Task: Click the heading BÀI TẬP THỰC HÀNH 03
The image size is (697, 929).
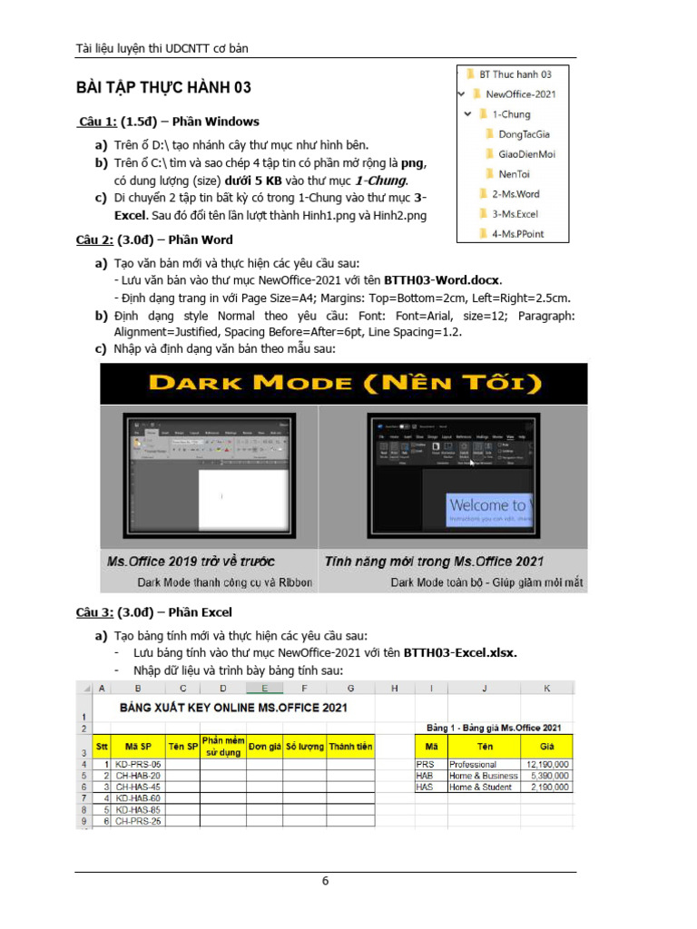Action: [x=163, y=88]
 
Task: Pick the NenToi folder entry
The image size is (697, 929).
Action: [x=514, y=174]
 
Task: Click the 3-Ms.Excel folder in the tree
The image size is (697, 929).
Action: [x=515, y=214]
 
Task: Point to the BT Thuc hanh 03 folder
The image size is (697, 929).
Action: [x=515, y=73]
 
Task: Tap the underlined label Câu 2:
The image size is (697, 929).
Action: [x=94, y=240]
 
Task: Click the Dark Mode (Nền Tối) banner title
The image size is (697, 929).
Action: [x=343, y=382]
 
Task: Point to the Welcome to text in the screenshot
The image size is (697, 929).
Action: [x=486, y=504]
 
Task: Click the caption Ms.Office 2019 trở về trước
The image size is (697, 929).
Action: [x=191, y=562]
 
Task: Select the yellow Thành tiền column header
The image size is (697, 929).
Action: [x=350, y=746]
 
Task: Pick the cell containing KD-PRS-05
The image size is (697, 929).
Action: [x=138, y=765]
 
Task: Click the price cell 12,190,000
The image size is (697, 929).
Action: [x=547, y=765]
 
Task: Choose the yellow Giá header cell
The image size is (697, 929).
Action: [x=547, y=746]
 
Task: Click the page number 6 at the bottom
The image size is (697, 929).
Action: [x=325, y=881]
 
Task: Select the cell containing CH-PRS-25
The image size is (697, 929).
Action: [x=138, y=821]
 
